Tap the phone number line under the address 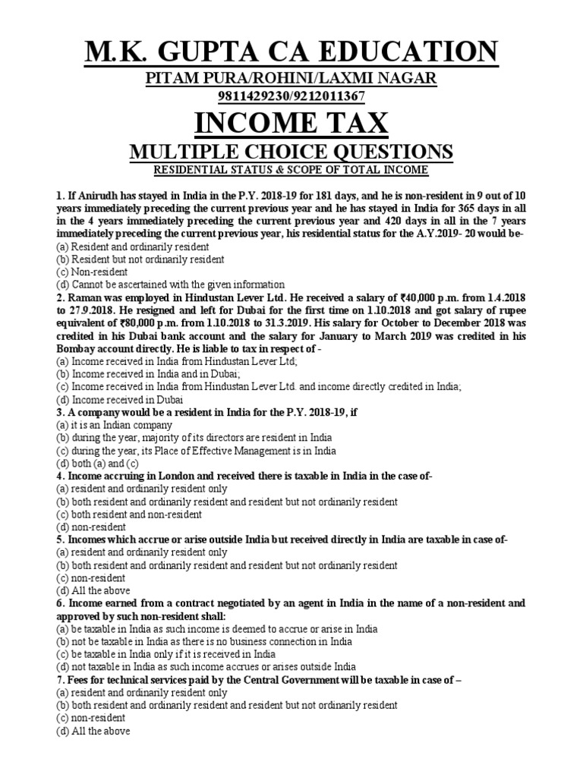291,96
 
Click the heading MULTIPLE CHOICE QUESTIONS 291,151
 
